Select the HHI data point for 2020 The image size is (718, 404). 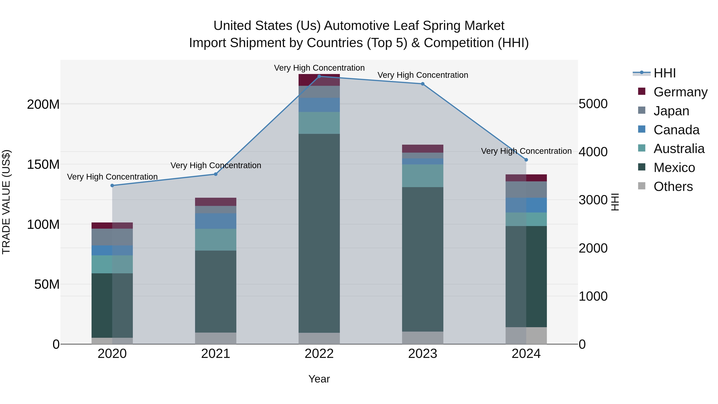[x=112, y=185]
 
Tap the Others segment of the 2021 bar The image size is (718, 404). [x=215, y=338]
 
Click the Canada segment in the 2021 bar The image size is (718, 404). [x=215, y=221]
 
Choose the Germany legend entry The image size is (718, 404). [x=680, y=92]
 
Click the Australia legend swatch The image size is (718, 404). [x=642, y=148]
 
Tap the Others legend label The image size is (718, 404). [x=673, y=187]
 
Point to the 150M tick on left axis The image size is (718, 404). [x=43, y=165]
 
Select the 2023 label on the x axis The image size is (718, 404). [x=423, y=354]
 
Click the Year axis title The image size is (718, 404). [x=319, y=379]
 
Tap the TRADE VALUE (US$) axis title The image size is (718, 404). [x=6, y=202]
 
